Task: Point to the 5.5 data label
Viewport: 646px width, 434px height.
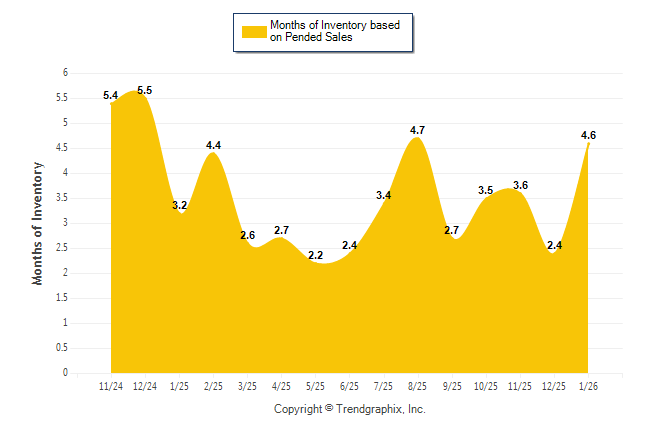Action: tap(145, 90)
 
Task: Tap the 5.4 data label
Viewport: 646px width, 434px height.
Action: tap(111, 95)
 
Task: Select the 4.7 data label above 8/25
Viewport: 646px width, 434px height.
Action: tap(418, 130)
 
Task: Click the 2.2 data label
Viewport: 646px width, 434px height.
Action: tap(315, 255)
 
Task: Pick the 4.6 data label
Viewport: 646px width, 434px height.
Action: tap(588, 135)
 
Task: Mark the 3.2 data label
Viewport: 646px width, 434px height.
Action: tap(180, 205)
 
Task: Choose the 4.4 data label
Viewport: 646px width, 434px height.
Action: tap(213, 145)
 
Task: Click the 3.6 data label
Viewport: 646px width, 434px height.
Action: tap(520, 185)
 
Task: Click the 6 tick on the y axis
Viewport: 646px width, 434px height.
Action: tap(65, 73)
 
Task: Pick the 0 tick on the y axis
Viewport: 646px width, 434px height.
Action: tap(65, 373)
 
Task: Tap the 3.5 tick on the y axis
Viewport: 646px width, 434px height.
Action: tap(62, 198)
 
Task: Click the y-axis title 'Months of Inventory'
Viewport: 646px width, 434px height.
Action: tap(38, 223)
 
